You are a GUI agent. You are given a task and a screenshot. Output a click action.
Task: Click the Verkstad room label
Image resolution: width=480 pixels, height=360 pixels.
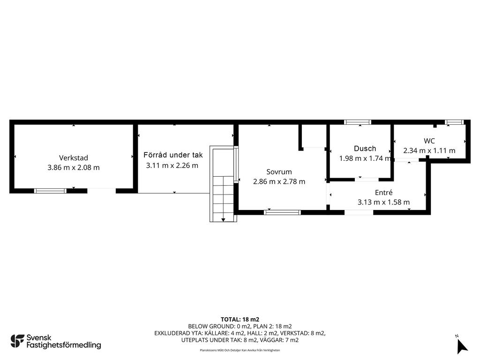point(74,158)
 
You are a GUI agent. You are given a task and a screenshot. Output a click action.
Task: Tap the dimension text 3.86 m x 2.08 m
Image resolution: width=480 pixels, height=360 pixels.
point(74,167)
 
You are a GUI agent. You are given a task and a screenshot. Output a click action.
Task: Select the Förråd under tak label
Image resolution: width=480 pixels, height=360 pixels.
point(173,155)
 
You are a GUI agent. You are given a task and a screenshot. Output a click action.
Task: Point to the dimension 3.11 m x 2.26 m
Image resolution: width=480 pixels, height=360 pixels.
point(172,165)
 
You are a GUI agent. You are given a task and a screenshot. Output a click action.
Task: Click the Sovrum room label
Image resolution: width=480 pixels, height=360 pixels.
point(279,172)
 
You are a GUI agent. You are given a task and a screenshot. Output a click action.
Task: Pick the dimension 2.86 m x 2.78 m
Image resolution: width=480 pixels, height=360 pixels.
point(279,181)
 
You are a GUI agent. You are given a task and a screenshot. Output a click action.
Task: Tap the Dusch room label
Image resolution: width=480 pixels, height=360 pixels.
point(365,149)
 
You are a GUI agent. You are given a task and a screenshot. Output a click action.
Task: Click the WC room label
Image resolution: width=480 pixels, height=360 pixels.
point(429,141)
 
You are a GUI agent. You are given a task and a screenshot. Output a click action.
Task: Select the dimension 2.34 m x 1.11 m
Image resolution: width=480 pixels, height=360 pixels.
point(429,150)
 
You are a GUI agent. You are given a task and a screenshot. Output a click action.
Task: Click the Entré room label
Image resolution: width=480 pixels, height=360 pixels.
point(383,193)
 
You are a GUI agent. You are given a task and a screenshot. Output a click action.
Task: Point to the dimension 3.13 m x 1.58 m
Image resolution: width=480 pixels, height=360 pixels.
point(383,202)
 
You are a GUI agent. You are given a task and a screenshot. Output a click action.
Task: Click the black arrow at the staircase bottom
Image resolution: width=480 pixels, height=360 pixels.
point(223,219)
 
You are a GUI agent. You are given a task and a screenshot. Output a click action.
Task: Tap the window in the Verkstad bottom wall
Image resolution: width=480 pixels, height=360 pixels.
point(50,191)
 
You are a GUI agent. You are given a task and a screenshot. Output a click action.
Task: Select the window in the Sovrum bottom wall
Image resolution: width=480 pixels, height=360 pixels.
point(283,212)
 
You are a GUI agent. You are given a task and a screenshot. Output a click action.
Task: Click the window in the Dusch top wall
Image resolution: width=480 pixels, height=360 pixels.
point(358,122)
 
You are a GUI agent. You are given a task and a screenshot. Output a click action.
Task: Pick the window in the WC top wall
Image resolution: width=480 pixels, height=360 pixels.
point(454,122)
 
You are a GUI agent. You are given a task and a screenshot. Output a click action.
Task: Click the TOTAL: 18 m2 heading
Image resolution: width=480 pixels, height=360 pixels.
point(240,320)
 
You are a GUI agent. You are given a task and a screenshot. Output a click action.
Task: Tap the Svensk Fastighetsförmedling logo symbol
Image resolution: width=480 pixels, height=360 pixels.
point(17,341)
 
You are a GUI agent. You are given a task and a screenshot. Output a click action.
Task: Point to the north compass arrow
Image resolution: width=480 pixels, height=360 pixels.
point(462,347)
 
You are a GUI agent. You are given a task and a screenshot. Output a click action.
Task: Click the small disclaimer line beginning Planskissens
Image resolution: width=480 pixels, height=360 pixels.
point(240,350)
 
